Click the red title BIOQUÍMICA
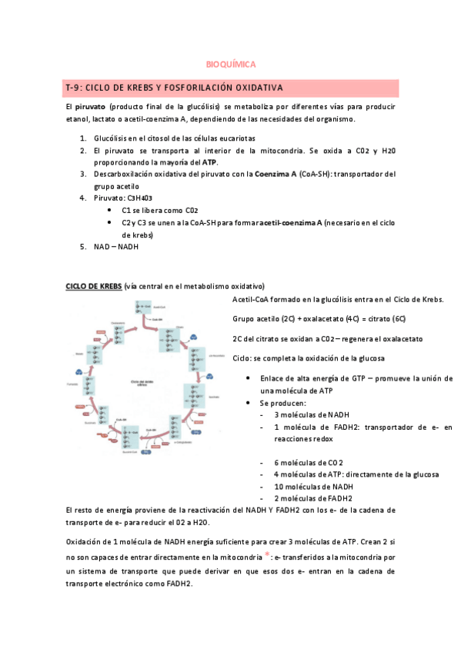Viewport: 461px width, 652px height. (x=231, y=65)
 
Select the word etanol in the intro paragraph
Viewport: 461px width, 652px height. (x=79, y=119)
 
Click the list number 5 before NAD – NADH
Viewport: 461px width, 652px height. (x=83, y=247)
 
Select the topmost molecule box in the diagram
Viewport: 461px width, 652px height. (x=152, y=305)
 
